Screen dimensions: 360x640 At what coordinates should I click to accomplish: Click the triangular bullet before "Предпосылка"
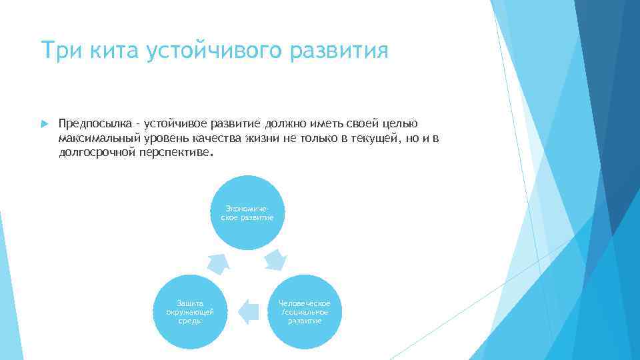pos(43,124)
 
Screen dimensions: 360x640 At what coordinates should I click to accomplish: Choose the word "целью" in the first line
pos(401,124)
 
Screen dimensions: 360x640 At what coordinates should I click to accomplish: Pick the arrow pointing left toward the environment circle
pos(247,311)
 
